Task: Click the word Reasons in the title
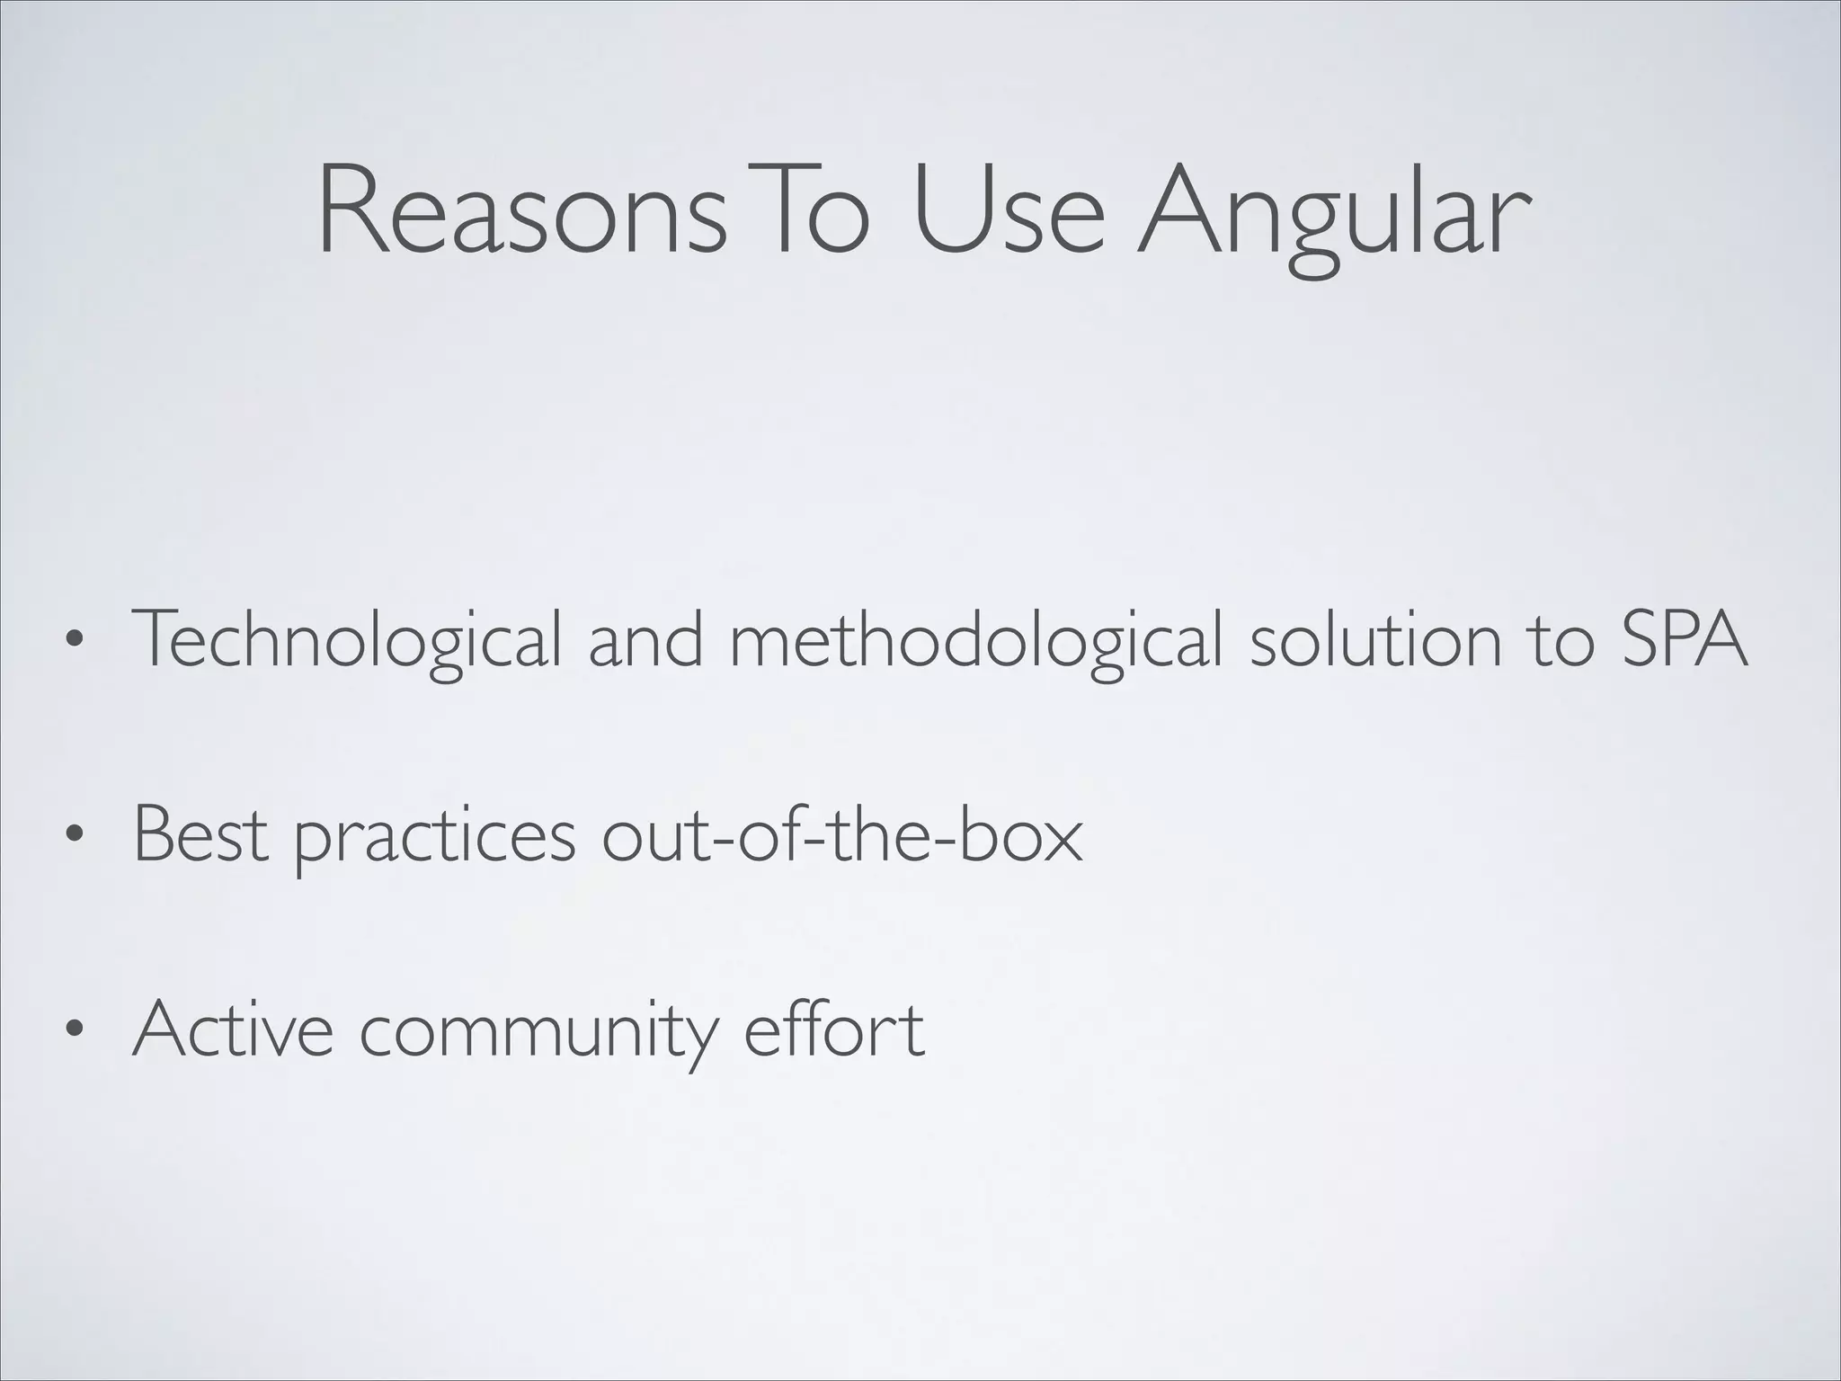pos(521,213)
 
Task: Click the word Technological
pos(347,640)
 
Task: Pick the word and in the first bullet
pos(645,640)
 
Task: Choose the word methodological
pos(976,640)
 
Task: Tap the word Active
pos(233,1029)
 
